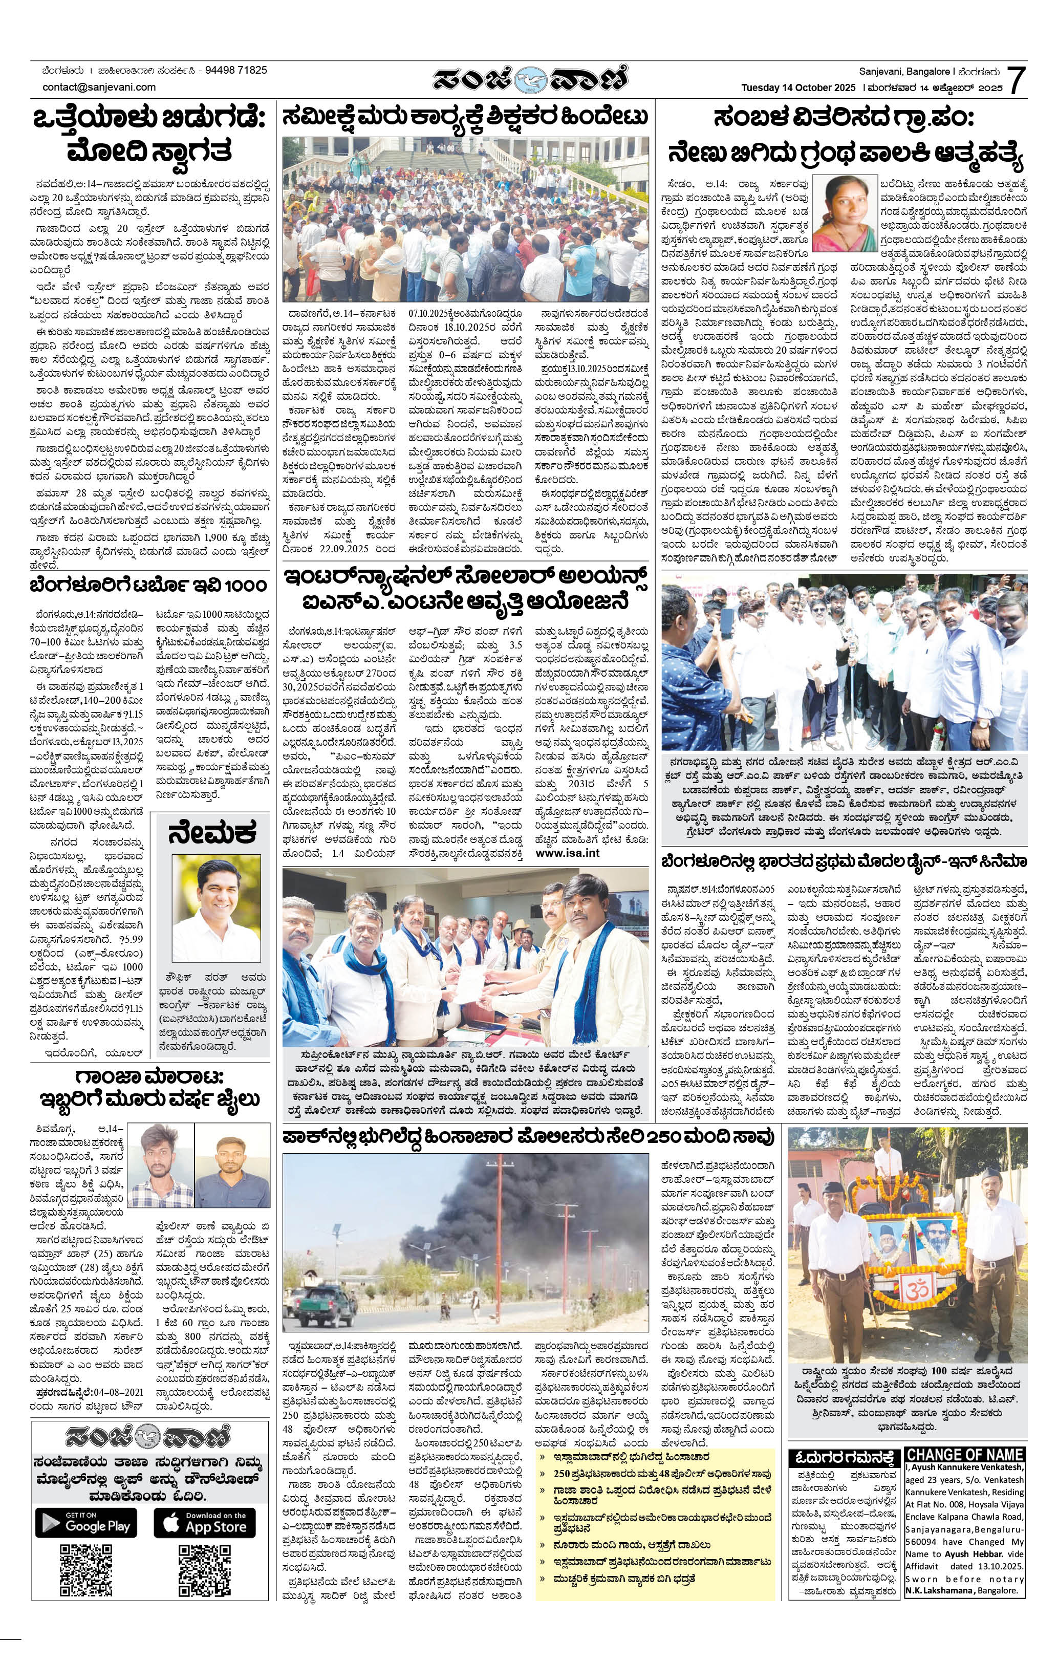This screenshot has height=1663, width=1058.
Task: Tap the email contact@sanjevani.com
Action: [99, 87]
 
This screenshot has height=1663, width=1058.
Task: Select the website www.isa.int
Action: [568, 853]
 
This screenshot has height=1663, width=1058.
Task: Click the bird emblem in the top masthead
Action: [530, 80]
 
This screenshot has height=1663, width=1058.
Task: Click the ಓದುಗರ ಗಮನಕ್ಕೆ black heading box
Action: [844, 1457]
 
